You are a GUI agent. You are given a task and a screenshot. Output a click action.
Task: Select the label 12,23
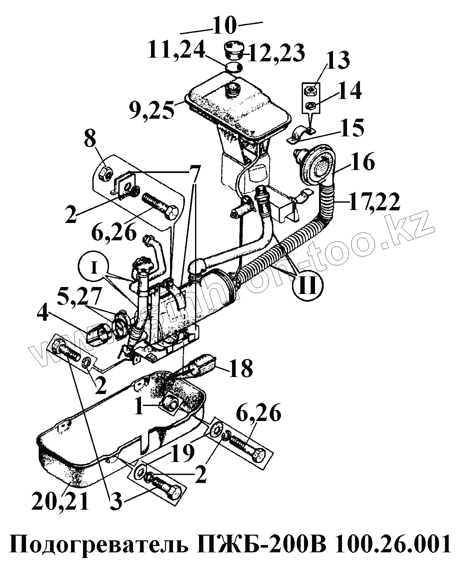(278, 53)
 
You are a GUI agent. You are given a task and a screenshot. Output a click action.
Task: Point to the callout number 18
(242, 368)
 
